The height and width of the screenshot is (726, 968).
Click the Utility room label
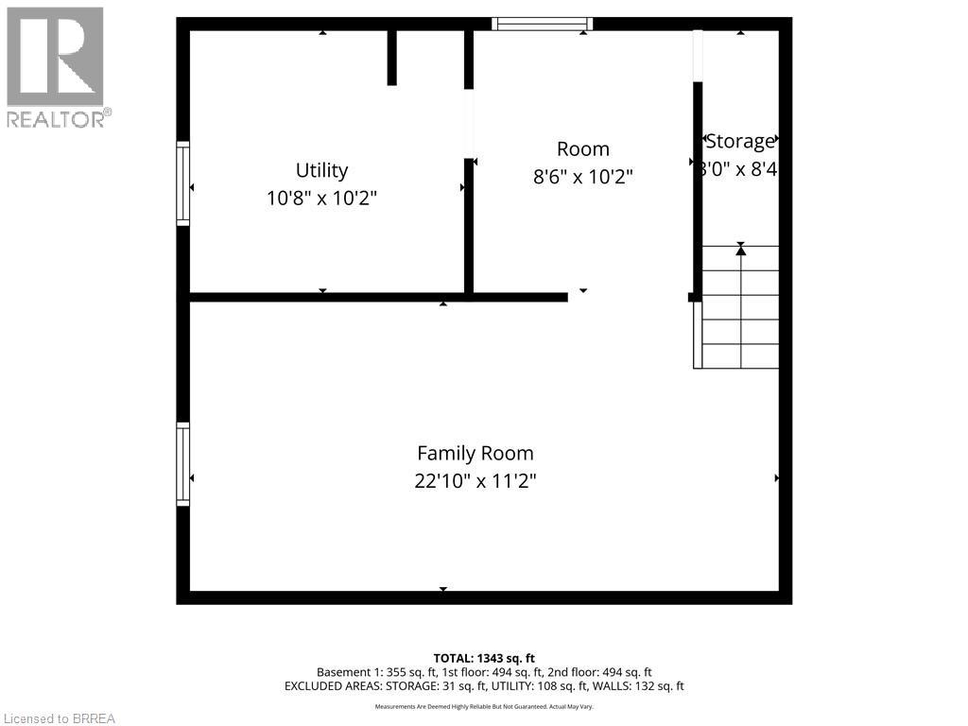pyautogui.click(x=321, y=170)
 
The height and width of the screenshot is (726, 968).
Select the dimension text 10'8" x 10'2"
pyautogui.click(x=321, y=199)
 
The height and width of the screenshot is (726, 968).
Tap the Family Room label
pyautogui.click(x=475, y=453)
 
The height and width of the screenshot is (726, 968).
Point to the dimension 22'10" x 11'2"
pyautogui.click(x=475, y=480)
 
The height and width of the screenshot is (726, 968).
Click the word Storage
pyautogui.click(x=740, y=142)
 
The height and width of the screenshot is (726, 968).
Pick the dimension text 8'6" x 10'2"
pyautogui.click(x=582, y=176)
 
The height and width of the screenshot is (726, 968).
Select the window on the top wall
pyautogui.click(x=543, y=24)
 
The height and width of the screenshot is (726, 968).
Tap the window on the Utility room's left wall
pyautogui.click(x=183, y=183)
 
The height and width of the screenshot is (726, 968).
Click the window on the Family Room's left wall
pyautogui.click(x=183, y=464)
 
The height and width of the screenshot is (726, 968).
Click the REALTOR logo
pyautogui.click(x=56, y=66)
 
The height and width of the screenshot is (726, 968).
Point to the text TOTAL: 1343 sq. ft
pyautogui.click(x=484, y=658)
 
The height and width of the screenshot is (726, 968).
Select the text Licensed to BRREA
pyautogui.click(x=58, y=718)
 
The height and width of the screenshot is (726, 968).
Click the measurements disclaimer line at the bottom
pyautogui.click(x=484, y=706)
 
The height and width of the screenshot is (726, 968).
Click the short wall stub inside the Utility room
pyautogui.click(x=391, y=57)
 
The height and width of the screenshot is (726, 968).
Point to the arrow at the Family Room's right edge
pyautogui.click(x=777, y=478)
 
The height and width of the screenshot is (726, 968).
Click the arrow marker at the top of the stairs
pyautogui.click(x=740, y=250)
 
